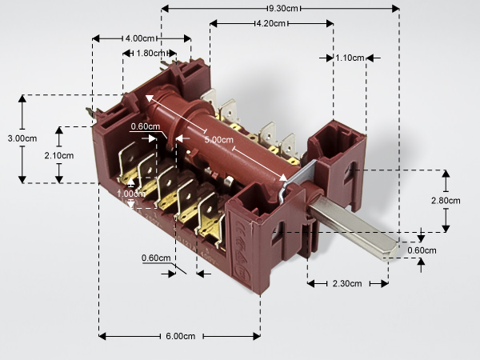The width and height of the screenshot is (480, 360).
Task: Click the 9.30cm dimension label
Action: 283,8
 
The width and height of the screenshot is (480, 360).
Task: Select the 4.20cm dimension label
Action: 271,23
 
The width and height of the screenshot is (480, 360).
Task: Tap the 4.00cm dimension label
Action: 140,38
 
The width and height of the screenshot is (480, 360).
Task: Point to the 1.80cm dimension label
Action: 150,54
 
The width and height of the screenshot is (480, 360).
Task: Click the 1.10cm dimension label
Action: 350,58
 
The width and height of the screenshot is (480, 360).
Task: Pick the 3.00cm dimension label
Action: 22,138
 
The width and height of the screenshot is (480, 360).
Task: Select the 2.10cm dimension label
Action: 59,155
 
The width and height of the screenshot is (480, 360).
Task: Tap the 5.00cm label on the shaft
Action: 219,140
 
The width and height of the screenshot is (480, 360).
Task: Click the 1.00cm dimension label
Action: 131,194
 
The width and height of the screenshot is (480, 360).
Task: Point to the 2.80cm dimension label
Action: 446,201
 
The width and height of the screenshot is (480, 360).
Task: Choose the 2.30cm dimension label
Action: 347,284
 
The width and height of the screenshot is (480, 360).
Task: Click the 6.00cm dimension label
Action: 181,336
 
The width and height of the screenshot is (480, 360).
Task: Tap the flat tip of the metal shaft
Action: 390,251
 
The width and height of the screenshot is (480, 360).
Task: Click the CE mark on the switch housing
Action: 240,229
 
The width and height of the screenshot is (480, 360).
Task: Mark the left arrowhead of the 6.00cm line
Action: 102,337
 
